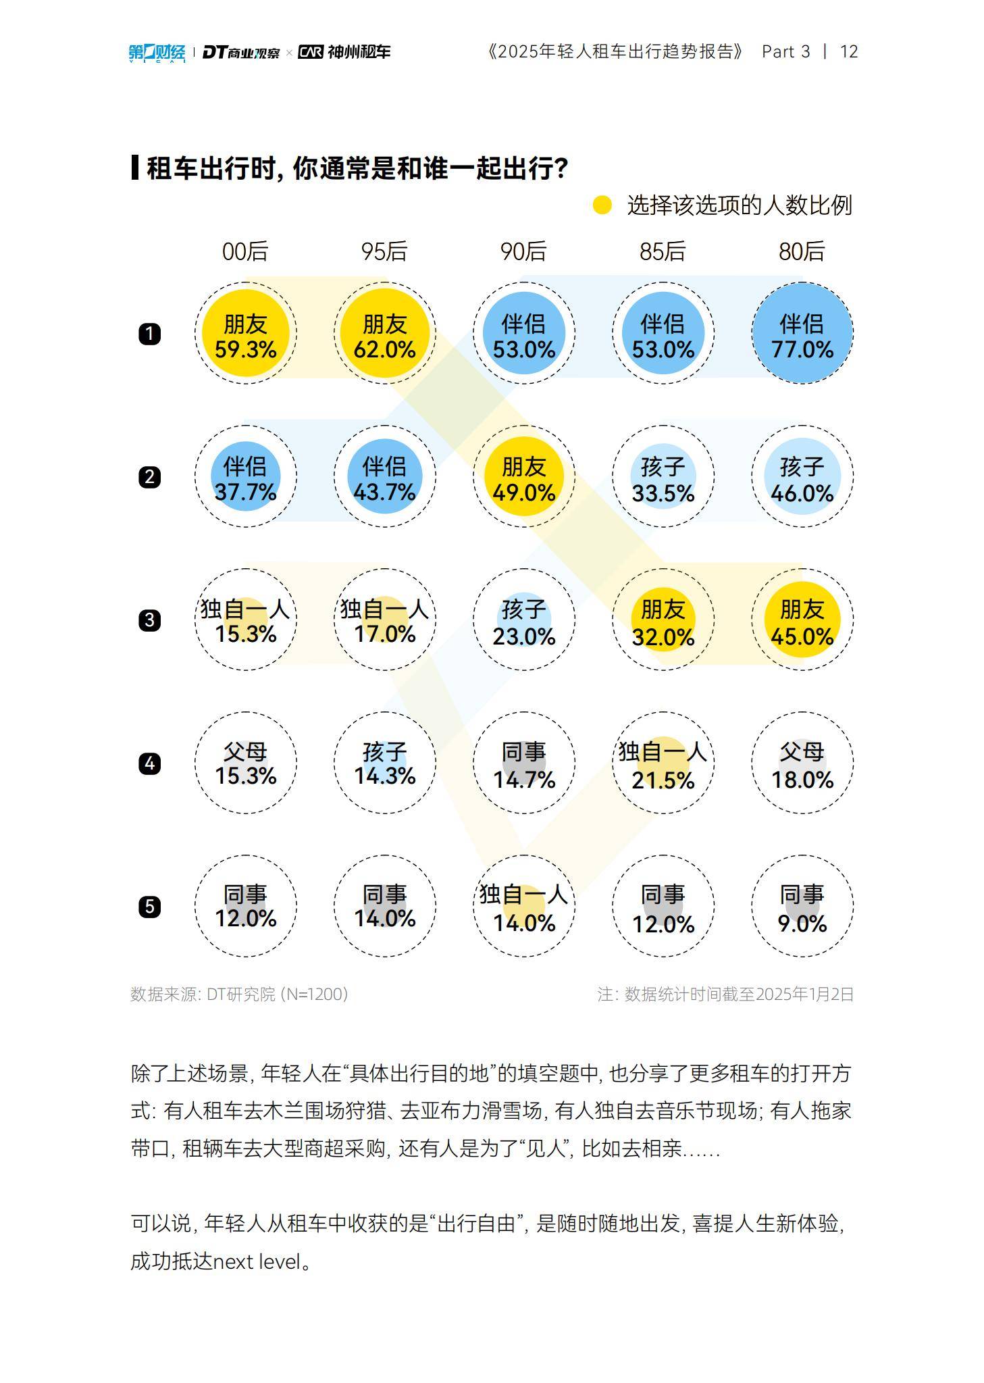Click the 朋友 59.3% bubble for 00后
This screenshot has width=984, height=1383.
(x=245, y=334)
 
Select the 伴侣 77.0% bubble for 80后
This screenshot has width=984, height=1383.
(x=802, y=334)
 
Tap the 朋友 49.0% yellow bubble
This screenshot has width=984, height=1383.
(x=523, y=477)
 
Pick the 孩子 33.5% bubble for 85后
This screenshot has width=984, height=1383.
(x=663, y=477)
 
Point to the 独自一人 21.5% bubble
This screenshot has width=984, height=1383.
(x=663, y=763)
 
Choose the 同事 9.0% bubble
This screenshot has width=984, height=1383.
(x=802, y=907)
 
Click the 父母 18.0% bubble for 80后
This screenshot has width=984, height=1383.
(x=802, y=763)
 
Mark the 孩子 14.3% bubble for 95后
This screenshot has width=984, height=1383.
(x=384, y=763)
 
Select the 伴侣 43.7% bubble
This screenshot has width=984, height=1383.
(x=384, y=477)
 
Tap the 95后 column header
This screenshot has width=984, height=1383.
(x=384, y=251)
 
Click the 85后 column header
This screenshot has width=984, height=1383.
(x=663, y=251)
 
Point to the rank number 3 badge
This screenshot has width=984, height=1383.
(x=149, y=620)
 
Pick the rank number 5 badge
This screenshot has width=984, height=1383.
(x=149, y=907)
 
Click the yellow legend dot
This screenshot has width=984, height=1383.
(x=602, y=205)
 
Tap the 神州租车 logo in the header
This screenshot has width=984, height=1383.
(x=345, y=52)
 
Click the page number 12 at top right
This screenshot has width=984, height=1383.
(x=848, y=52)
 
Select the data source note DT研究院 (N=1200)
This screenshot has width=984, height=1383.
(x=239, y=994)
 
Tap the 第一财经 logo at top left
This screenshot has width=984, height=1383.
(x=157, y=52)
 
